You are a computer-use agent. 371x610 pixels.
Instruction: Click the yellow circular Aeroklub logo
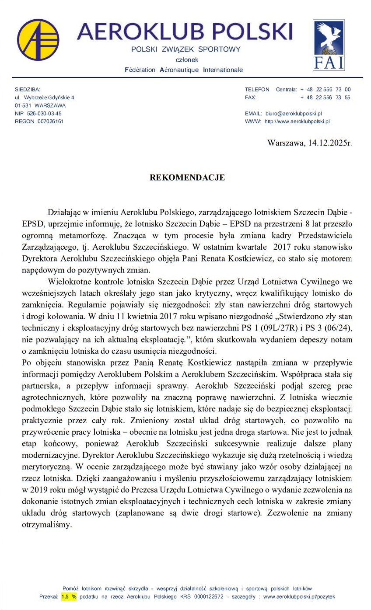click(x=38, y=40)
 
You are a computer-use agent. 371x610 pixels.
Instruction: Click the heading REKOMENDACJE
click(x=187, y=178)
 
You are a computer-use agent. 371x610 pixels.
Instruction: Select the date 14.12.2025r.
click(x=328, y=143)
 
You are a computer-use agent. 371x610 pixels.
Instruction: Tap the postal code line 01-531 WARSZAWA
click(x=40, y=105)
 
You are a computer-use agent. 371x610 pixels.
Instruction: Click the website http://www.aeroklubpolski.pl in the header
click(x=297, y=121)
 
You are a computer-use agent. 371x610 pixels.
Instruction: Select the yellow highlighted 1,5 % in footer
click(x=69, y=596)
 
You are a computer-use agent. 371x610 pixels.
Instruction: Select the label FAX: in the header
click(x=251, y=98)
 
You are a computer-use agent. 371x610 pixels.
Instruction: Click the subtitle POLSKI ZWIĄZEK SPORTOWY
click(x=186, y=49)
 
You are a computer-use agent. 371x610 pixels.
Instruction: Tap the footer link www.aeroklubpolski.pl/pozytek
click(x=299, y=596)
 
